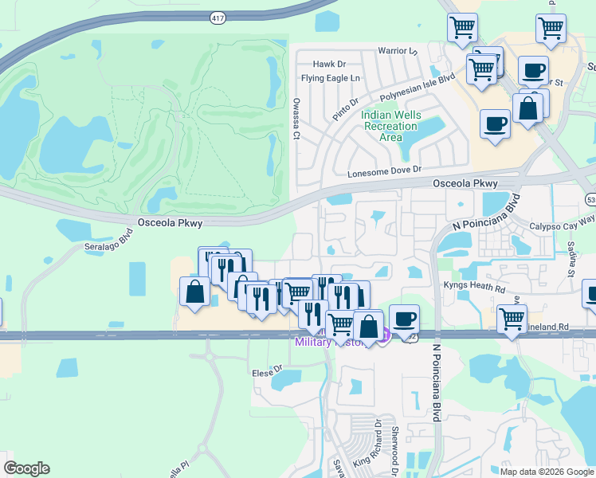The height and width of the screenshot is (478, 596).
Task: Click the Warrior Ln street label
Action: click(x=398, y=51)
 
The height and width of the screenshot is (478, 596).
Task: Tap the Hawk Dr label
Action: click(x=329, y=64)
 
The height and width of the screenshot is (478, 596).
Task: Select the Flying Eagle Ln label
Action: click(x=331, y=78)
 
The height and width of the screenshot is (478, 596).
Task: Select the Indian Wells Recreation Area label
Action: click(x=390, y=126)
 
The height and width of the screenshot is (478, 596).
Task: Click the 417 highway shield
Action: click(x=217, y=17)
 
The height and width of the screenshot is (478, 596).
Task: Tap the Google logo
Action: click(x=26, y=468)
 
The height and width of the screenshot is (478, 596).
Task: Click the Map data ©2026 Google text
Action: click(x=547, y=472)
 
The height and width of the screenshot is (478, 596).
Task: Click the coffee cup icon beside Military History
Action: click(x=404, y=318)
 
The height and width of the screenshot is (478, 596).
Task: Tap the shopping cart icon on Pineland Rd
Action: click(x=512, y=319)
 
